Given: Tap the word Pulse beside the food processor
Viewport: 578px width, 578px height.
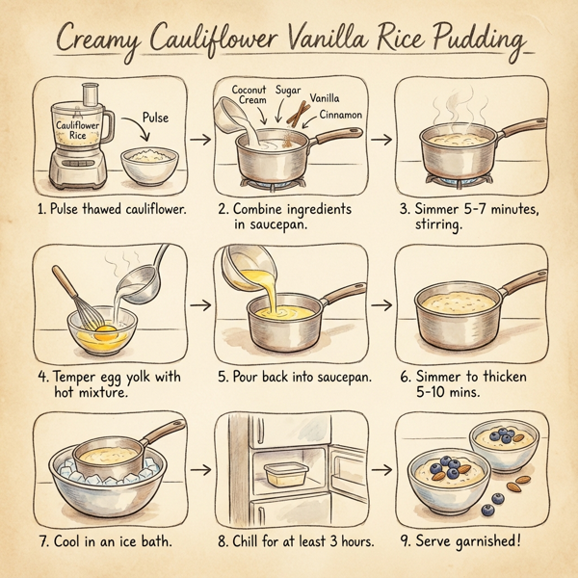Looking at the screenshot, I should [154, 118].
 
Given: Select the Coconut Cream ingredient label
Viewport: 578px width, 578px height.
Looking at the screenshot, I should [249, 95].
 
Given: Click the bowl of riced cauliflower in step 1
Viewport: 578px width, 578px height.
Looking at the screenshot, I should [148, 163].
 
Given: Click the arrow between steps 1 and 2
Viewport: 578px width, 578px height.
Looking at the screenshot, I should [200, 141].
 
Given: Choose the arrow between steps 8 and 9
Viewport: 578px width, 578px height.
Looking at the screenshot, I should [382, 471].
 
